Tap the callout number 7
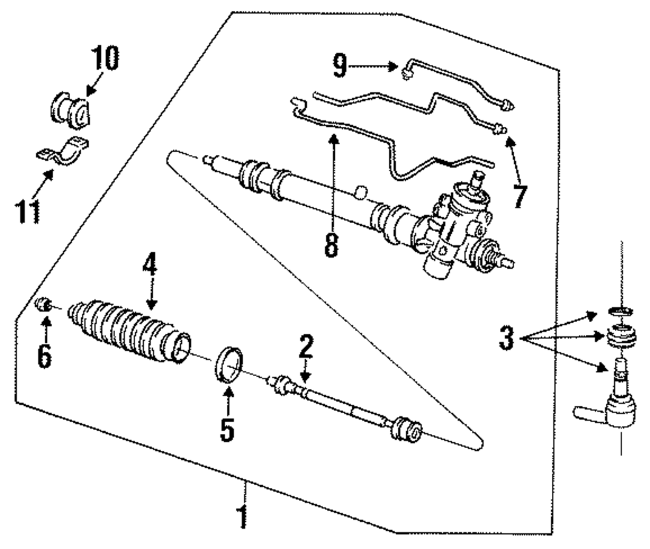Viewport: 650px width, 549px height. pos(518,195)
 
